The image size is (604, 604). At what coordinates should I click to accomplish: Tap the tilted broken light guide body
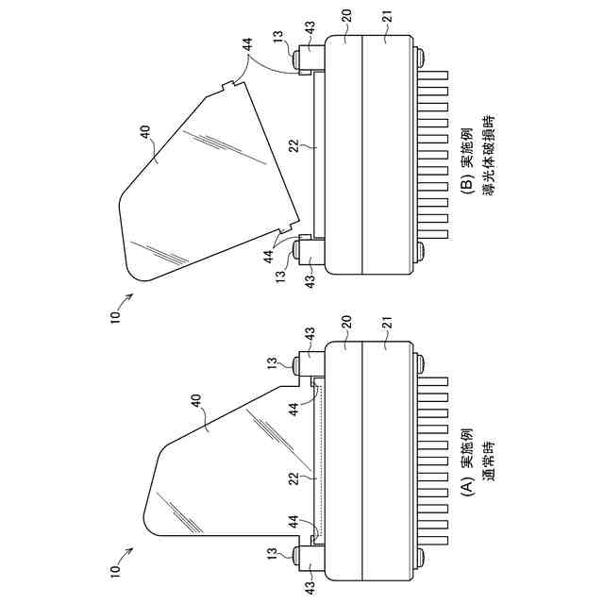[x=203, y=179]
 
